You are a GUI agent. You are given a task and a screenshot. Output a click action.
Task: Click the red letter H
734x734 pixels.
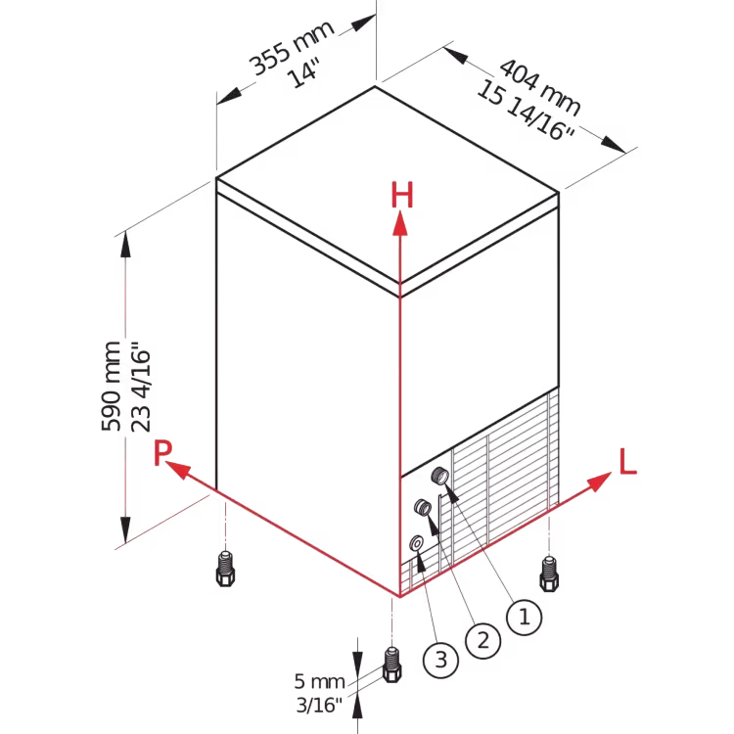(402, 195)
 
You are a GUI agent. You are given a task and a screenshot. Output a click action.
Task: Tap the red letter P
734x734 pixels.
(162, 452)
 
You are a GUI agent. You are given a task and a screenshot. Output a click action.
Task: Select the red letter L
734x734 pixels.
(627, 462)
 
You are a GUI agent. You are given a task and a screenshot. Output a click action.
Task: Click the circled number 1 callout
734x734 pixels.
(525, 617)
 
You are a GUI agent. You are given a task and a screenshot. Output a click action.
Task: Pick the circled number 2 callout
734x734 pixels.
(483, 640)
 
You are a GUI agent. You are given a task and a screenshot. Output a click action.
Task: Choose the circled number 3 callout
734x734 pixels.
(441, 660)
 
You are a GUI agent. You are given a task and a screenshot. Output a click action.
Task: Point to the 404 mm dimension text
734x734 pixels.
(540, 86)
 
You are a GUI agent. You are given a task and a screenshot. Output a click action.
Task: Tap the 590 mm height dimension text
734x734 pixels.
(111, 386)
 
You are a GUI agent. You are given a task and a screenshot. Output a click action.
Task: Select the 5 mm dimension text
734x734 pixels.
(319, 681)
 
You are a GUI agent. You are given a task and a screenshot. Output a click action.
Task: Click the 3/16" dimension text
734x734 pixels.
(319, 705)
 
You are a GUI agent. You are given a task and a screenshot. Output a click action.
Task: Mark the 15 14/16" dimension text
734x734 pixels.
(526, 111)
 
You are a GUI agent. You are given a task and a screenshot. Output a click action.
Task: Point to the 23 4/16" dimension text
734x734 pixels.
(141, 387)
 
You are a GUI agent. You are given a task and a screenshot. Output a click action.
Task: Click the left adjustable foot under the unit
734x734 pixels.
(225, 569)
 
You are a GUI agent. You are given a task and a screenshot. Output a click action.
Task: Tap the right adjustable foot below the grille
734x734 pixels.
(549, 573)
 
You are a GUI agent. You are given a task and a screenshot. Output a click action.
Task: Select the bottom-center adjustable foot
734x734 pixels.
(391, 665)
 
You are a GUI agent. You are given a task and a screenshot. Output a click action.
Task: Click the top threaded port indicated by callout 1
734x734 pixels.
(439, 475)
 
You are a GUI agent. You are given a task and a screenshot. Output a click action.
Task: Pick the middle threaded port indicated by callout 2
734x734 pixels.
(423, 507)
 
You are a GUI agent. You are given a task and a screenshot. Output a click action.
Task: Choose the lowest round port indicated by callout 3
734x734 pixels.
(416, 543)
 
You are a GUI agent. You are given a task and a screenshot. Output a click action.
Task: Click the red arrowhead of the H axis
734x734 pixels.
(399, 223)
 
